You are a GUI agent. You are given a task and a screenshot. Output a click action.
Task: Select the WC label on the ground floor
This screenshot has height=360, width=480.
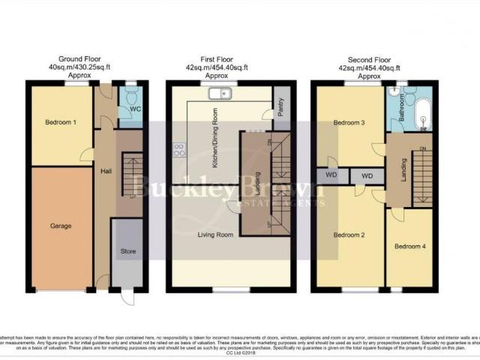pyautogui.click(x=135, y=109)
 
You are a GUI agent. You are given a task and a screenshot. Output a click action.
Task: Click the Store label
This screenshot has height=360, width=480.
pyautogui.click(x=128, y=252)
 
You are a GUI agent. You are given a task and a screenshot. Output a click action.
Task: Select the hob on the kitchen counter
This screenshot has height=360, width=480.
pyautogui.click(x=180, y=149)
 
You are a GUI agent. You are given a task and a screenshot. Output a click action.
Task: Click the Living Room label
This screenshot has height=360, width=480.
pyautogui.click(x=214, y=235)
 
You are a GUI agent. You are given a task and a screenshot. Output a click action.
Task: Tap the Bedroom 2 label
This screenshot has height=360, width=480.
pyautogui.click(x=349, y=235)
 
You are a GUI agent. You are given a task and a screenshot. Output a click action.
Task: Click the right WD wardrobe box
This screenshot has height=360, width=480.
pyautogui.click(x=367, y=176)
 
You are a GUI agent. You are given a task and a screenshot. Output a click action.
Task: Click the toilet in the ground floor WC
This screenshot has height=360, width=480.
pyautogui.click(x=132, y=96)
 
